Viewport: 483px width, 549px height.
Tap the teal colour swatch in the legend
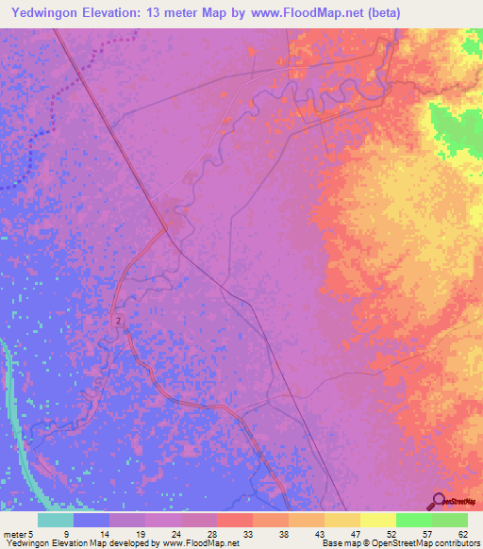[56, 520]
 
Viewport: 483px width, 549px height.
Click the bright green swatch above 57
[413, 520]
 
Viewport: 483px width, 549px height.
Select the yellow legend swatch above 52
[377, 520]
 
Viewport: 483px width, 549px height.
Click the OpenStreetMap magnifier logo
[438, 501]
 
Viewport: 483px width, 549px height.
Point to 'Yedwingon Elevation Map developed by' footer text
[71, 544]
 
